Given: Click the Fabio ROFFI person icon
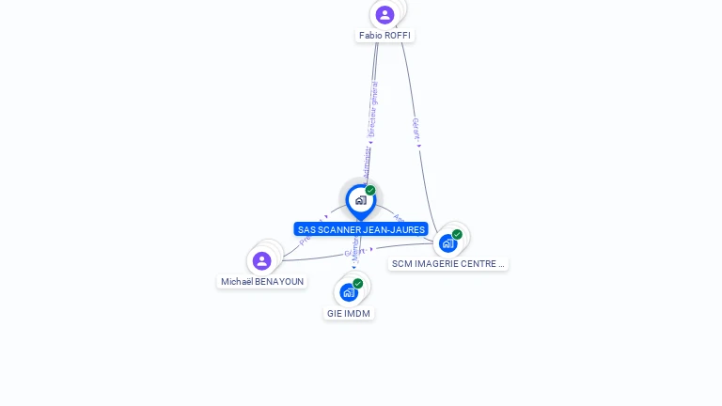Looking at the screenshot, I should (x=385, y=14).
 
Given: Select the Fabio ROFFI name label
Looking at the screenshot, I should (x=385, y=36).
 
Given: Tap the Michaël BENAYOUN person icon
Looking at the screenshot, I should (x=262, y=260).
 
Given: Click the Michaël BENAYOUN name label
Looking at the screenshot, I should (x=262, y=282).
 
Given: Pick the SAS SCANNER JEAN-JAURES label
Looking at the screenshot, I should (x=361, y=229).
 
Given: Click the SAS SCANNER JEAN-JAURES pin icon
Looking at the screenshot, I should (x=360, y=200).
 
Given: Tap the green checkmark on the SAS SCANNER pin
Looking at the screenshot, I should (x=370, y=191).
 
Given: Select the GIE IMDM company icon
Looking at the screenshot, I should (x=349, y=292).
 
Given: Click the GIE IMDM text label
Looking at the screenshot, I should (x=349, y=313).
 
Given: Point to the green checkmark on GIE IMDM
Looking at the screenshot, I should (x=358, y=283).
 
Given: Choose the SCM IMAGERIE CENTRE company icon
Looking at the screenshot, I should (x=448, y=242).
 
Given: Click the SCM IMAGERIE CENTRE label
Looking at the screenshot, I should (x=448, y=264).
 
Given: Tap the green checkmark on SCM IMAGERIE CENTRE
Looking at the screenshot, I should (x=457, y=234).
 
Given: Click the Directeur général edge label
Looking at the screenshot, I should (x=373, y=110).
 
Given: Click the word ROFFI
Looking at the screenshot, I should (x=398, y=36).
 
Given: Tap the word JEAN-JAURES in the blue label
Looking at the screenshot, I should (x=394, y=229).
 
